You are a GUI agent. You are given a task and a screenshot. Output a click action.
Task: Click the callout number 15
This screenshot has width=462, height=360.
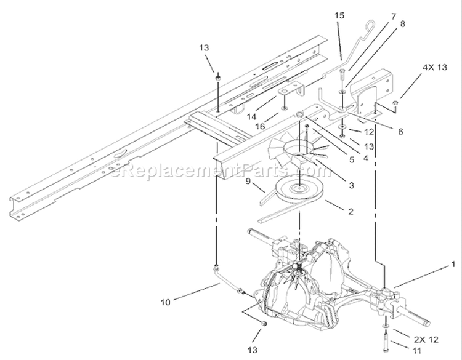339,15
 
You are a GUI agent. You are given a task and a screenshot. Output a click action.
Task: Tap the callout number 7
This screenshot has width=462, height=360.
394,17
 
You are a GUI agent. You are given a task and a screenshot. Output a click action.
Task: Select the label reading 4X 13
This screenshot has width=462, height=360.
435,68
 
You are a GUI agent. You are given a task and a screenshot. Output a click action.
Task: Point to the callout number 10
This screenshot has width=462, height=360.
166,302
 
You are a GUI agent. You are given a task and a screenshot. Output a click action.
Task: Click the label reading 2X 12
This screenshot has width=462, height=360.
426,340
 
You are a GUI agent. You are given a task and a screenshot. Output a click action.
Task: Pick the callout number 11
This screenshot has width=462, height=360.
416,351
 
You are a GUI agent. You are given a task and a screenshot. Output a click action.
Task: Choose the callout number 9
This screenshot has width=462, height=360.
248,182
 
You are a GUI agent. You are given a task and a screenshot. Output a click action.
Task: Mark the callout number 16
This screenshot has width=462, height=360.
260,127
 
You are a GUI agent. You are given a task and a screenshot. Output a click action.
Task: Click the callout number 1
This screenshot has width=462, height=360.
453,265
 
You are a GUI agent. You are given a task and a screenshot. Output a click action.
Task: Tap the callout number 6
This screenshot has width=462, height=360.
400,132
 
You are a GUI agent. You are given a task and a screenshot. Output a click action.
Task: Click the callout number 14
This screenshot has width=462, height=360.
251,117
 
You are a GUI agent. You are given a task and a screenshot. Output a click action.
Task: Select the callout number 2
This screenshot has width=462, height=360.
351,211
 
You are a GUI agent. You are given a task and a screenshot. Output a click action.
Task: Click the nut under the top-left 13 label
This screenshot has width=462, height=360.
217,78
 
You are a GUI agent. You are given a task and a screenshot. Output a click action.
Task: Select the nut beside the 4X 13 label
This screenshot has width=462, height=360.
395,103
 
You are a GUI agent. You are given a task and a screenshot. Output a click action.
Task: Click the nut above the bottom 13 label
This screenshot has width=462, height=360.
264,323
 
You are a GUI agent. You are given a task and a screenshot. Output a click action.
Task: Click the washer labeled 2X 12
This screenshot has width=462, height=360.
386,326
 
